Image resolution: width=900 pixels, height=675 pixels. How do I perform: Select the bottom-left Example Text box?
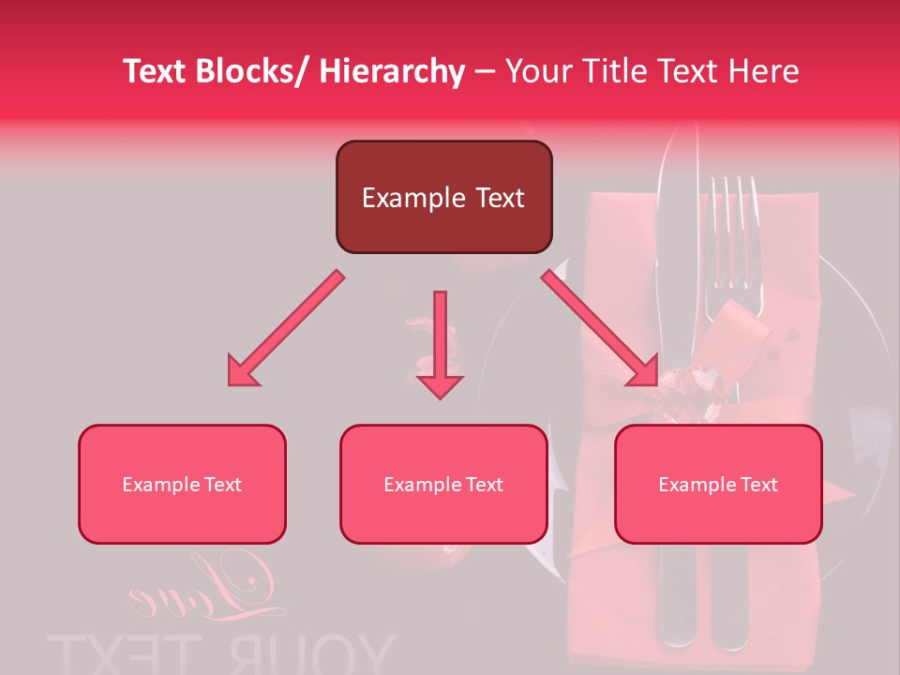click(182, 484)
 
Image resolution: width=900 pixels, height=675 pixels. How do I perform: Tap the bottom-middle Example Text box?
click(443, 484)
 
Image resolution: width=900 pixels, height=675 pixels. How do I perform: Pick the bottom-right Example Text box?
click(718, 484)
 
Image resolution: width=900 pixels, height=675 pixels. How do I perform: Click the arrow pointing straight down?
click(440, 347)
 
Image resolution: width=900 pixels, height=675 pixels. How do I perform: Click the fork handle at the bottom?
click(728, 600)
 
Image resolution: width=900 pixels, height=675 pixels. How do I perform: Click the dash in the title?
click(485, 71)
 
